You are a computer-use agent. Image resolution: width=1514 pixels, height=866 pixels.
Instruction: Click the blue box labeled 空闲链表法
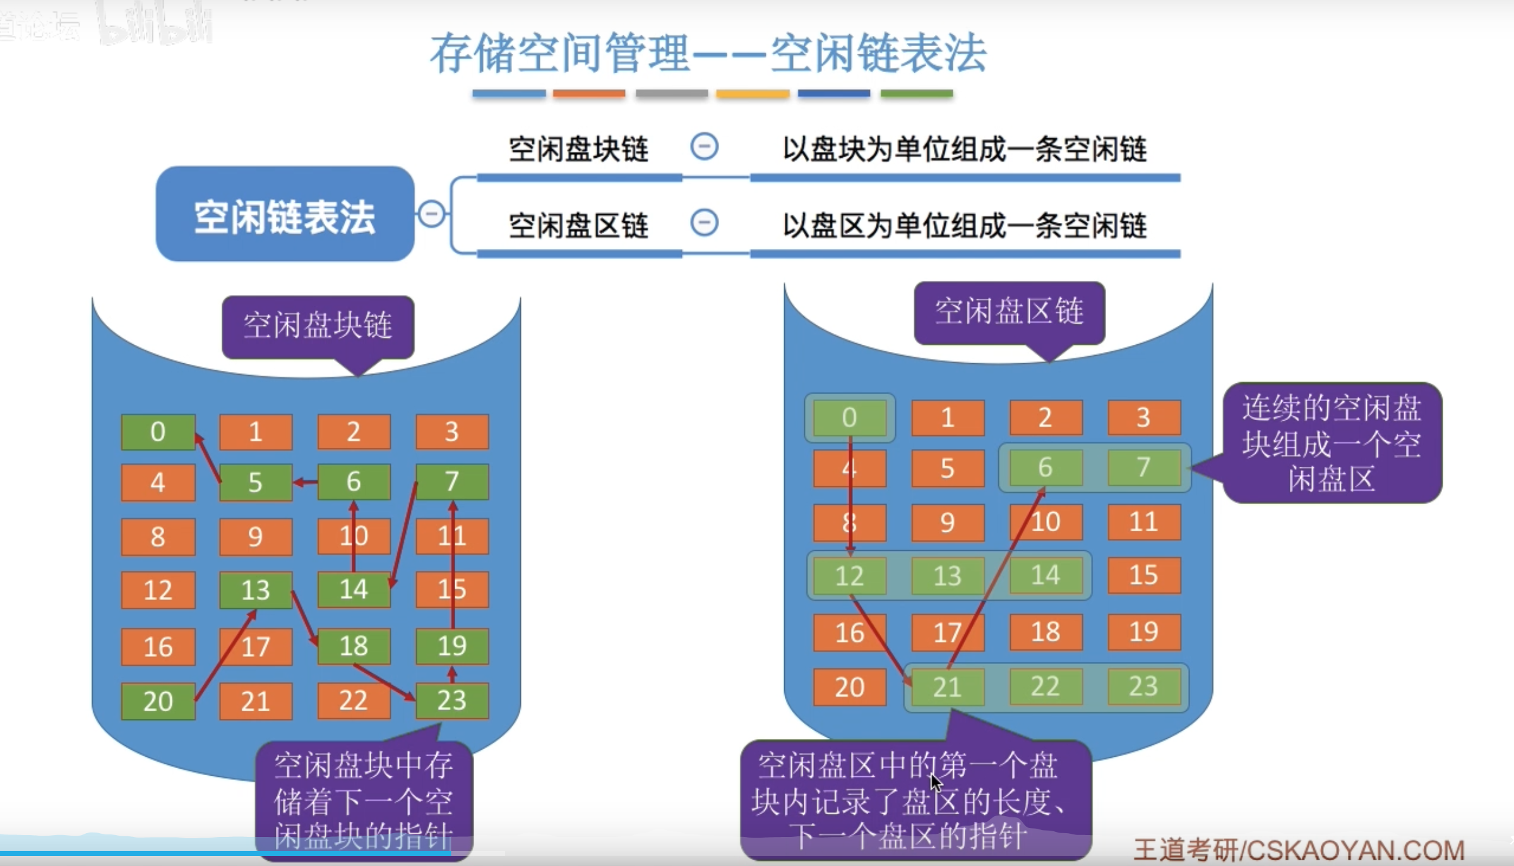pyautogui.click(x=285, y=215)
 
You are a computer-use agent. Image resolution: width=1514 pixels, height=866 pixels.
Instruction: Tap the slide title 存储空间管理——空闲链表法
pyautogui.click(x=708, y=54)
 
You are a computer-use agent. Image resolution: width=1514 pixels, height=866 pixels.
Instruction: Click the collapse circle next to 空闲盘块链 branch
pyautogui.click(x=704, y=147)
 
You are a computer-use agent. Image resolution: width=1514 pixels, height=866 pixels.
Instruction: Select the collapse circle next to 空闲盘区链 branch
pyautogui.click(x=704, y=223)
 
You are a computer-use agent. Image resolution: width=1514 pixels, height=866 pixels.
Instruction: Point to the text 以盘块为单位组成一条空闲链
pyautogui.click(x=964, y=150)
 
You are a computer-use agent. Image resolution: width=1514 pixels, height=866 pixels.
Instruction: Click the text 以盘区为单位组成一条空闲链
pyautogui.click(x=964, y=226)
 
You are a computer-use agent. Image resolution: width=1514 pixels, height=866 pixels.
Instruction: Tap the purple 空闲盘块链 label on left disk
pyautogui.click(x=318, y=326)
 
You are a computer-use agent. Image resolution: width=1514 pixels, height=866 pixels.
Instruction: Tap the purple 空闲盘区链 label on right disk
pyautogui.click(x=1009, y=312)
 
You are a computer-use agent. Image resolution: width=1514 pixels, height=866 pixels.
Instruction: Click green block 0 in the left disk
pyautogui.click(x=158, y=432)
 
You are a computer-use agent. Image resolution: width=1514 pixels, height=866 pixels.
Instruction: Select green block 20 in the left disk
pyautogui.click(x=158, y=701)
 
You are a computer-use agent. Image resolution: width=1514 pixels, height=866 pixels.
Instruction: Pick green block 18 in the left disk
pyautogui.click(x=354, y=646)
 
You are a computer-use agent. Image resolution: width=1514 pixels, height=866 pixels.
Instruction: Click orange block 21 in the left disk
pyautogui.click(x=256, y=701)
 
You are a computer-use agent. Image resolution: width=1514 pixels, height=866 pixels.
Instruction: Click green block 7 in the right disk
pyautogui.click(x=1143, y=467)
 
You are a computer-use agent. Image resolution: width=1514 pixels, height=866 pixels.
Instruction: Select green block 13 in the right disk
pyautogui.click(x=947, y=576)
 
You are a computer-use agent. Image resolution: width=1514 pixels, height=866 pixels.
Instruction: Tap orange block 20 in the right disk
pyautogui.click(x=849, y=687)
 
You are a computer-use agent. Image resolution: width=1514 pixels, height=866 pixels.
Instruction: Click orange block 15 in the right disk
pyautogui.click(x=1143, y=575)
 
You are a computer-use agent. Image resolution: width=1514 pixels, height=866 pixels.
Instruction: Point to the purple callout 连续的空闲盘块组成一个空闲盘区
pyautogui.click(x=1332, y=443)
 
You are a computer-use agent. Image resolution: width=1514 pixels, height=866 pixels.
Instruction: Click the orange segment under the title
pyautogui.click(x=589, y=93)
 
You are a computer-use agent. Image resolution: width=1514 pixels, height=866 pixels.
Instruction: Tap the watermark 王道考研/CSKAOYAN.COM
pyautogui.click(x=1299, y=850)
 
